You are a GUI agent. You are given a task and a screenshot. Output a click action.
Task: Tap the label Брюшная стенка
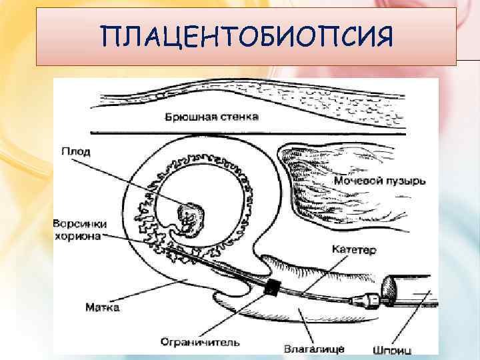pos(211,117)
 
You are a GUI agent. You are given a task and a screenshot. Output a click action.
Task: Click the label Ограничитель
pos(199,343)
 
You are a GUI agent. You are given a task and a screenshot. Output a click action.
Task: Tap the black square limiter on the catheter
pos(271,287)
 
